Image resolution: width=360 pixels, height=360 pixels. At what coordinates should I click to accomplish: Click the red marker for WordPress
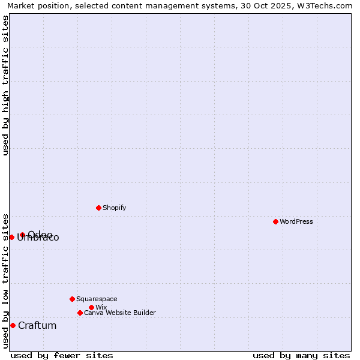click(275, 221)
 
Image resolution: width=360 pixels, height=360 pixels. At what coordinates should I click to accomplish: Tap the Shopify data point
click(98, 208)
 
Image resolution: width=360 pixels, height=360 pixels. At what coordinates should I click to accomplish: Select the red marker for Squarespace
click(72, 299)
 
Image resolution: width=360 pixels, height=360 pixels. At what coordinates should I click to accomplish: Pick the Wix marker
click(91, 307)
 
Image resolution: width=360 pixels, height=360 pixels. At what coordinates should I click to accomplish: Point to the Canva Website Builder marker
click(80, 313)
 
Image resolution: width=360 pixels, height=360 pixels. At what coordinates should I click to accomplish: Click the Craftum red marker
click(13, 325)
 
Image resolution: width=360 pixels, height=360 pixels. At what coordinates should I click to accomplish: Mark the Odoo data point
click(22, 235)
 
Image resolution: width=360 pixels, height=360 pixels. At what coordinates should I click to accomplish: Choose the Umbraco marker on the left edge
click(11, 237)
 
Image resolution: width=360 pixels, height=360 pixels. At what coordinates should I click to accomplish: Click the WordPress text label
click(296, 221)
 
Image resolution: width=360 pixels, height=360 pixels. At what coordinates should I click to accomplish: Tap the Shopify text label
click(115, 208)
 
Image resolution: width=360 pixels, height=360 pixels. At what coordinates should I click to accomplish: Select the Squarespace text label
click(97, 299)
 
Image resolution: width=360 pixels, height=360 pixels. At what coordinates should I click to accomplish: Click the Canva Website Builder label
click(120, 313)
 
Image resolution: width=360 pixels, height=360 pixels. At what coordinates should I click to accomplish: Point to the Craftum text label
click(37, 325)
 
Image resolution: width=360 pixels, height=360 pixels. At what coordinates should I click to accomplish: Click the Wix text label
click(101, 307)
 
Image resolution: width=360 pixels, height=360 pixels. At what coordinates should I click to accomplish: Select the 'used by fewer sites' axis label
click(62, 355)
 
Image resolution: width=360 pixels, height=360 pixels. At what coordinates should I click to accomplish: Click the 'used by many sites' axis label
click(301, 355)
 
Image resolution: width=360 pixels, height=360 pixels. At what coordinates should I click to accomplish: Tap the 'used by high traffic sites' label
click(5, 85)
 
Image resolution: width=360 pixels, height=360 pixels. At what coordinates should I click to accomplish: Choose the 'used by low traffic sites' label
click(5, 280)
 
